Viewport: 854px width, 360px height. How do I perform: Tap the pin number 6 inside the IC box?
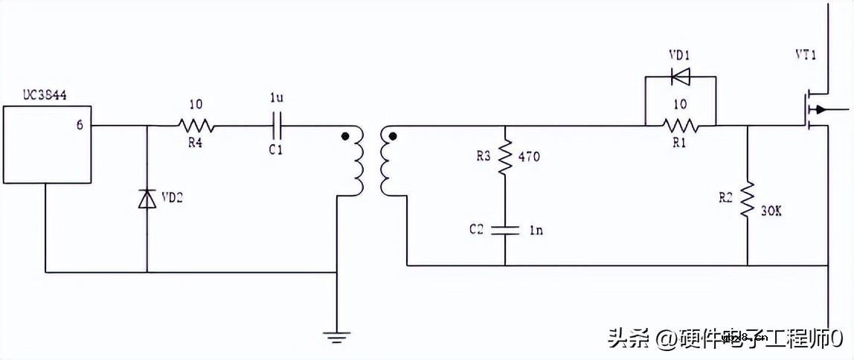coord(80,125)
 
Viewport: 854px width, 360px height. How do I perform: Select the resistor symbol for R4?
coord(195,126)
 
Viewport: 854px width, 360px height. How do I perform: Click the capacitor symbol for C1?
coord(277,125)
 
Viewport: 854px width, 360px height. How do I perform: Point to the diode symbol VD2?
coord(147,199)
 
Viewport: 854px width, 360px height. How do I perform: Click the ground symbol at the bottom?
coord(337,335)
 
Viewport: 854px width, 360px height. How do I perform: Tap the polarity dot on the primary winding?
coord(344,137)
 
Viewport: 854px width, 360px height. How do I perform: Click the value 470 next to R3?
coord(530,157)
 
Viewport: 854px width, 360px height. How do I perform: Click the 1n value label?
coord(536,231)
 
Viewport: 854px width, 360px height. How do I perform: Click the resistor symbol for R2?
coord(747,199)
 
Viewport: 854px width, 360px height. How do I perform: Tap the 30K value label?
coord(771,211)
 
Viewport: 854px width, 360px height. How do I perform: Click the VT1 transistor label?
coord(807,55)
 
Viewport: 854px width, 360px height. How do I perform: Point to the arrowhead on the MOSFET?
coord(819,110)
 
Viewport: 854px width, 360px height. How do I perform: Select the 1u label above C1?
coord(276,97)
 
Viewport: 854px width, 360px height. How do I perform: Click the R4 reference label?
coord(195,144)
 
